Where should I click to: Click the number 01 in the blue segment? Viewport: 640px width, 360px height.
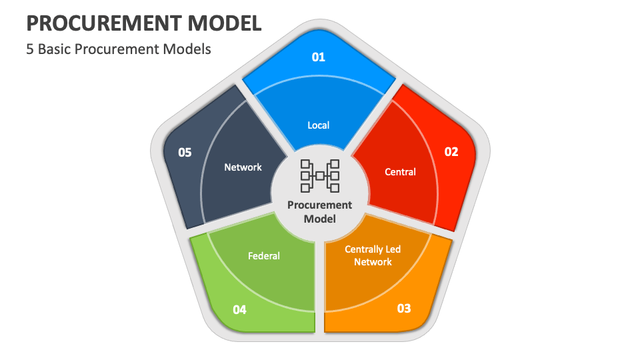[x=319, y=57]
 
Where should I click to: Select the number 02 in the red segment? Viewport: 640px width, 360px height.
[x=451, y=152]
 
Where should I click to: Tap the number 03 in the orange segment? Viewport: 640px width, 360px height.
[x=404, y=309]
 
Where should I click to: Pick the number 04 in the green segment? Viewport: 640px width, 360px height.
[x=240, y=309]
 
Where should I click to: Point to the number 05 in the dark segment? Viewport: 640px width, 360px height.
[x=185, y=153]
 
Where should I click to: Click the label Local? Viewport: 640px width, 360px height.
[x=319, y=125]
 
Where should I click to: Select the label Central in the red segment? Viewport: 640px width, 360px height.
[x=400, y=172]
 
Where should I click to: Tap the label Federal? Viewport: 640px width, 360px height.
[x=264, y=255]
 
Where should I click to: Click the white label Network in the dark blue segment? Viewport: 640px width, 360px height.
[x=243, y=167]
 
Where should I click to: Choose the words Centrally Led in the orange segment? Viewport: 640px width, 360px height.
[x=373, y=249]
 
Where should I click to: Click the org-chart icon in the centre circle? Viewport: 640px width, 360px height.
[x=320, y=176]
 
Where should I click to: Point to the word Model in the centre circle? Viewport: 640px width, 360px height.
[x=320, y=219]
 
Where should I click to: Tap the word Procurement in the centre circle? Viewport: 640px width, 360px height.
[x=320, y=205]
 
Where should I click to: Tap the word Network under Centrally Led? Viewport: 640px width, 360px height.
[x=373, y=262]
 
